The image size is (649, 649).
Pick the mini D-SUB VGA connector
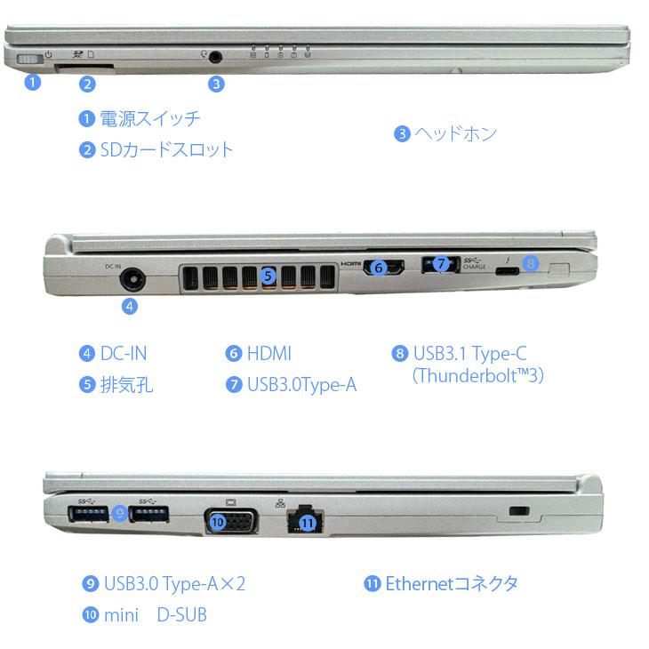(231, 520)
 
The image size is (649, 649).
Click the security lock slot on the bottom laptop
(521, 512)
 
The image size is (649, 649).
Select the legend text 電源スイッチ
(150, 118)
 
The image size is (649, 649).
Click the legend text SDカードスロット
(166, 149)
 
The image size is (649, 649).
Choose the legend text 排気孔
(127, 385)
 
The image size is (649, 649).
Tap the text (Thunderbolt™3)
(477, 375)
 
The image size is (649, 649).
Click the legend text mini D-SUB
(155, 614)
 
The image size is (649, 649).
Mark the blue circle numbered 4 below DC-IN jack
(131, 306)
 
